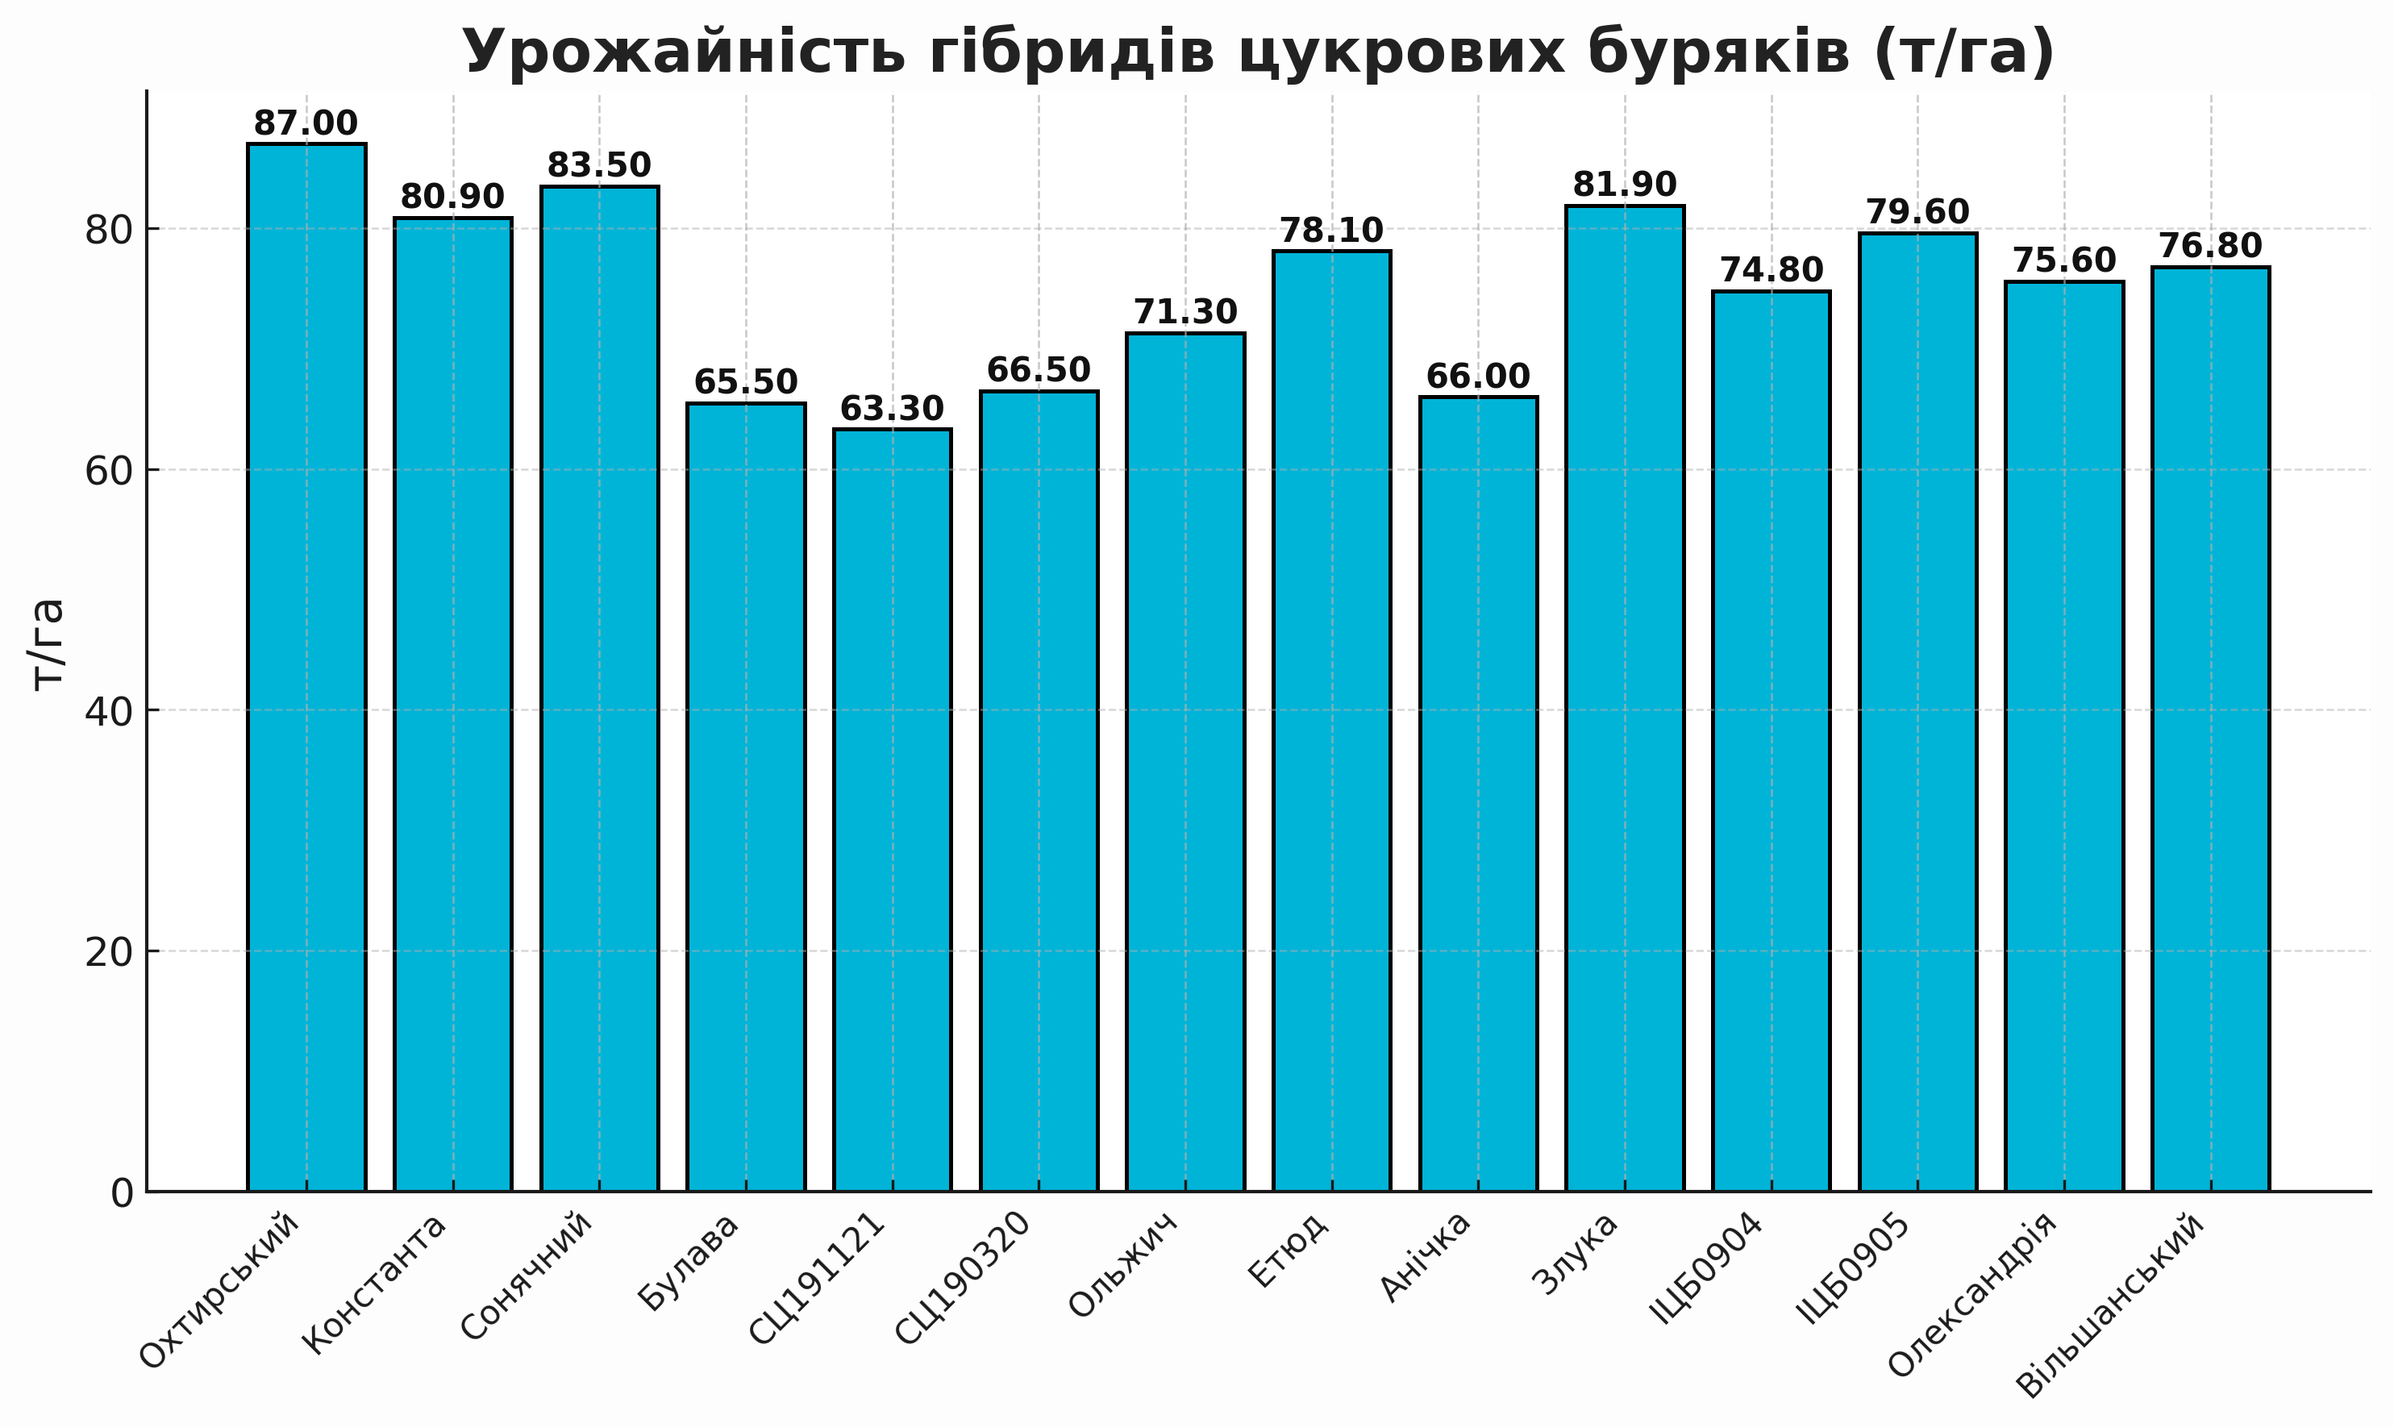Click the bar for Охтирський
306,668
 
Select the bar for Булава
746,797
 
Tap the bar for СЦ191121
893,809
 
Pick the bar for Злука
1625,698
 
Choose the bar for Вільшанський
2210,729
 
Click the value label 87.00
306,124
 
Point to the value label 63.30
893,410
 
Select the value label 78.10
1331,231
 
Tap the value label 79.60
1918,213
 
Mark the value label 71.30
1185,313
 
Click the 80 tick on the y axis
109,230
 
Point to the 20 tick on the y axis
109,952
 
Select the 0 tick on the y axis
122,1193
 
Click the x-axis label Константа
376,1284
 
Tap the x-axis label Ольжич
1125,1267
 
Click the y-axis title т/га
46,643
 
